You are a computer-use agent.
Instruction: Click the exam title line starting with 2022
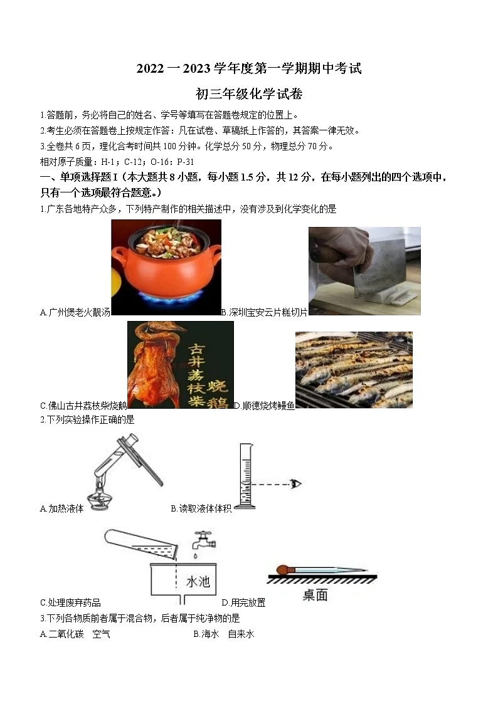[x=249, y=68]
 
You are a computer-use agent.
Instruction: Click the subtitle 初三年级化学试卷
[x=249, y=95]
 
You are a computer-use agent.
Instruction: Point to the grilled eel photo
[x=354, y=370]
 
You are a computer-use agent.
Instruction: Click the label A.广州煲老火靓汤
[x=75, y=312]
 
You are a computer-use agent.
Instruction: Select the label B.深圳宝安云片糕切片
[x=264, y=312]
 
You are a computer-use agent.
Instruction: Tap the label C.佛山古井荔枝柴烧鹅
[x=83, y=406]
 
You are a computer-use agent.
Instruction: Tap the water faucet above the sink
[x=201, y=540]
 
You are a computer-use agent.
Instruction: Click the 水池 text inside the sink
[x=198, y=582]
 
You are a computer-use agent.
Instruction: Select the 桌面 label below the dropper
[x=315, y=595]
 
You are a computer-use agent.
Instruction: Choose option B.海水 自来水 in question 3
[x=224, y=634]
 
